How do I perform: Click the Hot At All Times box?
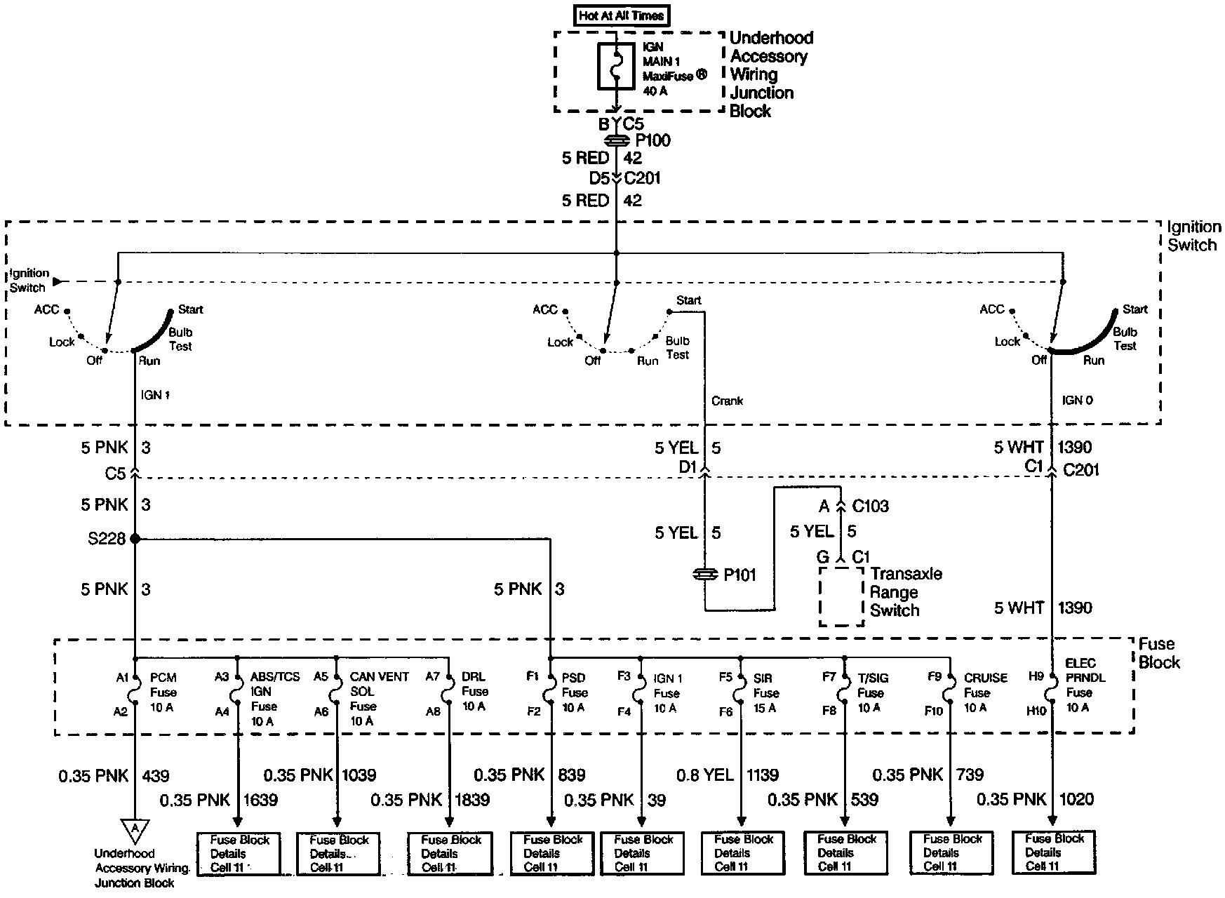coord(622,15)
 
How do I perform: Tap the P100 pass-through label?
coord(652,140)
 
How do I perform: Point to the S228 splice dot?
coord(135,539)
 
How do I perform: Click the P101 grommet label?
coord(739,575)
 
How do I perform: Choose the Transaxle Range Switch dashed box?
coord(841,596)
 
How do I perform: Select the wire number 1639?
coord(260,800)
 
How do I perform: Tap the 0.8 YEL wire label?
coord(704,775)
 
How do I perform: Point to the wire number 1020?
coord(1076,799)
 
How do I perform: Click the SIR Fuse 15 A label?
coord(765,693)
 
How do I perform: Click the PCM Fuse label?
coord(163,692)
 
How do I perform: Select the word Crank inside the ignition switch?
coord(727,401)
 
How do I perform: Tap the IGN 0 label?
coord(1077,401)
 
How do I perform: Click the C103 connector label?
coord(870,507)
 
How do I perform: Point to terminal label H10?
coord(1036,711)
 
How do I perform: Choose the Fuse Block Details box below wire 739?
coord(952,852)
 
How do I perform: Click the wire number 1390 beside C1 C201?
coord(1074,448)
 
